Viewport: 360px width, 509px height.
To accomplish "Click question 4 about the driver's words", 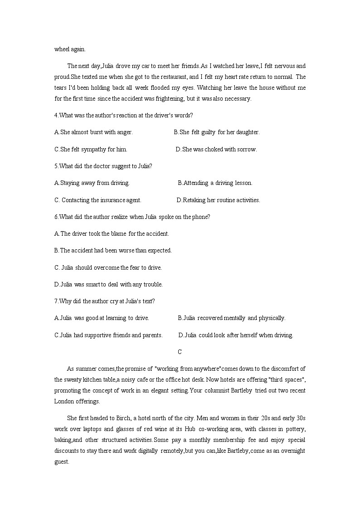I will click(x=123, y=115).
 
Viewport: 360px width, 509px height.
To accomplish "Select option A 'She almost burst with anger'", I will click(x=93, y=132).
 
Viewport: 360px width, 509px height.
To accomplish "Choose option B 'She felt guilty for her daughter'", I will click(x=216, y=132).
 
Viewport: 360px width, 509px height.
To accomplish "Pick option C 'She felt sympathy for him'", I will click(x=91, y=149).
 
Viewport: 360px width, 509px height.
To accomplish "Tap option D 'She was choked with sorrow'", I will click(x=216, y=149).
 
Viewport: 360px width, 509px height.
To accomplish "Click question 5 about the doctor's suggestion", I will click(x=103, y=166).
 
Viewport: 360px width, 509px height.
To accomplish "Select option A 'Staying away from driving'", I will click(x=92, y=183).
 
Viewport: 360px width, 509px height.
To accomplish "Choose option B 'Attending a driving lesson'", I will click(x=215, y=183).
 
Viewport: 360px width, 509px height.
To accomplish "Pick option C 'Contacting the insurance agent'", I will click(x=97, y=200).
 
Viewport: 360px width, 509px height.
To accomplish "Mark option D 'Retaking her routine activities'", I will click(x=218, y=200).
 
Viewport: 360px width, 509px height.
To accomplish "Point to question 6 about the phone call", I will click(x=132, y=217).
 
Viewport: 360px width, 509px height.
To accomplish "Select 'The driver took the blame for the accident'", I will click(x=112, y=234).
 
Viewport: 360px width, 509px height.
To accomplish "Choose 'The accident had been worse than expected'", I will click(x=113, y=251).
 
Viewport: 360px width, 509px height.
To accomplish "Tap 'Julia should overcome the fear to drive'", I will click(x=108, y=267).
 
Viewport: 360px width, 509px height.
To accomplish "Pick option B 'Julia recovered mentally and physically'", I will click(x=231, y=318).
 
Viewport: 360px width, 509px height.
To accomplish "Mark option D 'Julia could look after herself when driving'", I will click(x=236, y=335).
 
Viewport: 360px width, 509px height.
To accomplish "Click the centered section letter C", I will click(x=180, y=352).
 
